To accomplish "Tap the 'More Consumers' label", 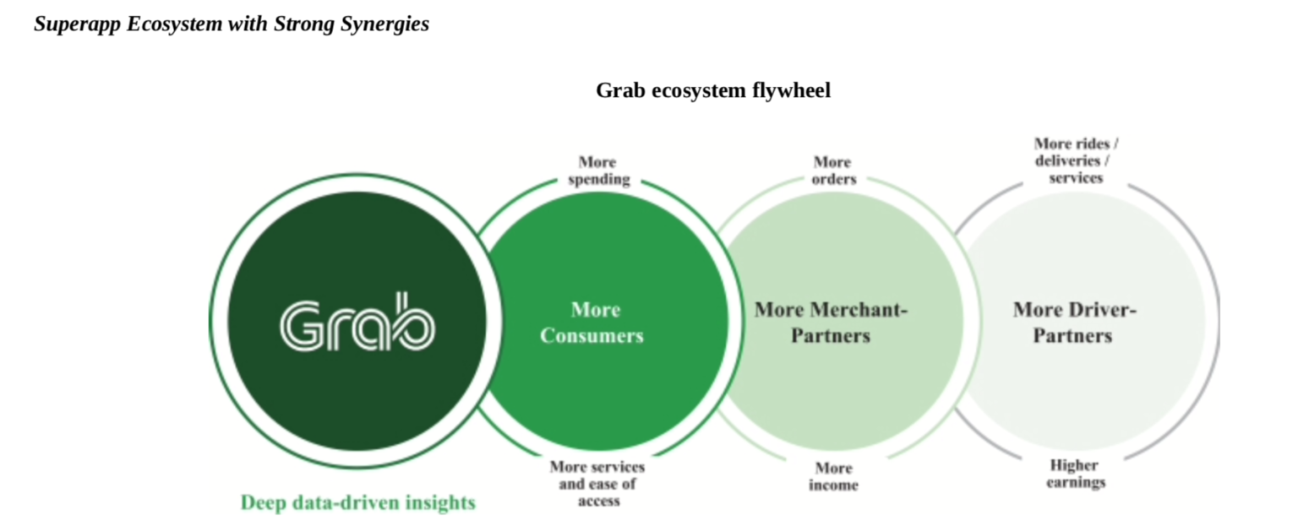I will [592, 323].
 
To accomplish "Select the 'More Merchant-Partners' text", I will [831, 323].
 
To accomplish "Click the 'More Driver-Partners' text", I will [1073, 323].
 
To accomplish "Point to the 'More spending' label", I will [598, 171].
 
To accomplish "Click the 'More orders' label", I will [833, 171].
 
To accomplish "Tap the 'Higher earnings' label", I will [1075, 474].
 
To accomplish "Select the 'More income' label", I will [833, 476].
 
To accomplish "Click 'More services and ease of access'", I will [597, 484].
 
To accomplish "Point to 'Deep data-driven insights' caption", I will [357, 503].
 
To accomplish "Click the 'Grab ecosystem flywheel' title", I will [712, 90].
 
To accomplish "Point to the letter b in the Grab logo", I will [413, 322].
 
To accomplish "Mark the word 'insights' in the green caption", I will [439, 503].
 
